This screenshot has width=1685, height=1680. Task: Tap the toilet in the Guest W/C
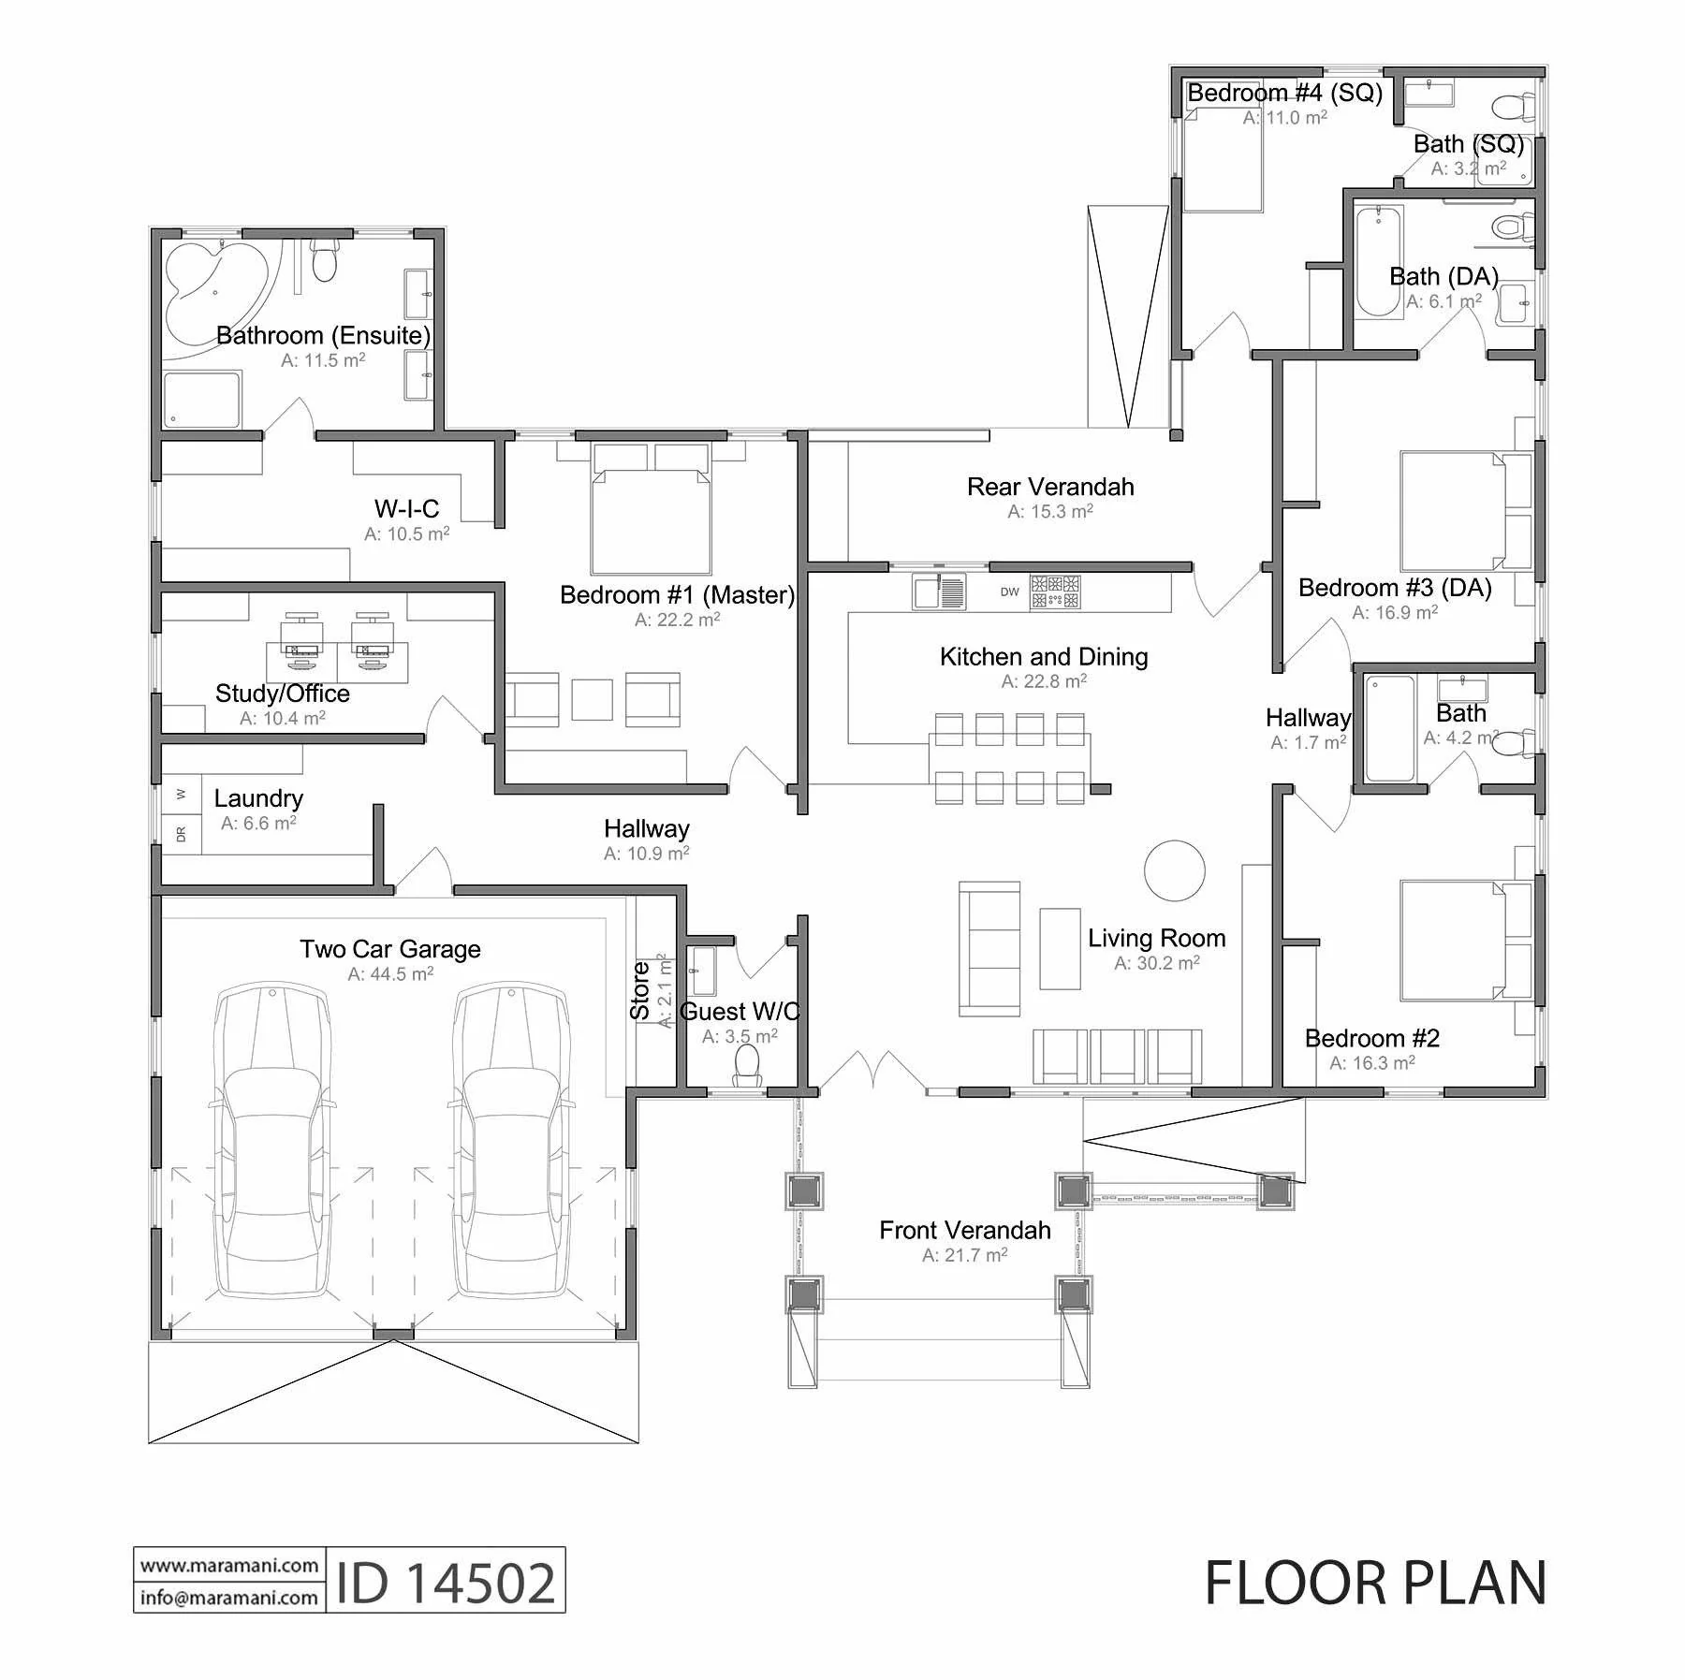(747, 1066)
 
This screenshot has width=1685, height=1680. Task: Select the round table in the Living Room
(1174, 869)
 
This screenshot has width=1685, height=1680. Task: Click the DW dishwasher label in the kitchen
(1009, 592)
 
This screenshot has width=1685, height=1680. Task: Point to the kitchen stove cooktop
(1055, 592)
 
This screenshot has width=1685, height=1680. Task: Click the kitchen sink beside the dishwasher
(939, 592)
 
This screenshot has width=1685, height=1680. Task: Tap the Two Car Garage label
(390, 949)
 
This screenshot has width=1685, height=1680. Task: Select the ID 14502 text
(446, 1583)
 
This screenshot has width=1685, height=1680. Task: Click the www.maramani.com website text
(229, 1565)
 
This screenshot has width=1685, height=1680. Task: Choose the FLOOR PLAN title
(1375, 1583)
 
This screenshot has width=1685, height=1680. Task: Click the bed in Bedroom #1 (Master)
(651, 508)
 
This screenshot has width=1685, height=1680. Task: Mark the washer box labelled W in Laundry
(182, 795)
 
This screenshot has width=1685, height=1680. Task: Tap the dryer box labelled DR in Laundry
(182, 833)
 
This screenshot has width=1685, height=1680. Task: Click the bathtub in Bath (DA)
(1379, 262)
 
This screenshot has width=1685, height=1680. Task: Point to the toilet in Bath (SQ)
(1513, 107)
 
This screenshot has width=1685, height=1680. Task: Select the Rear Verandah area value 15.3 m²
(1050, 512)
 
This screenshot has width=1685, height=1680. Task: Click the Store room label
(640, 991)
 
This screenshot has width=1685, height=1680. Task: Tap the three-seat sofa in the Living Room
(989, 948)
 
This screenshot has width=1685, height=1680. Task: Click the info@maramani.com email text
(229, 1597)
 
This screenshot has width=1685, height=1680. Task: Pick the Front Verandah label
(965, 1230)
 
